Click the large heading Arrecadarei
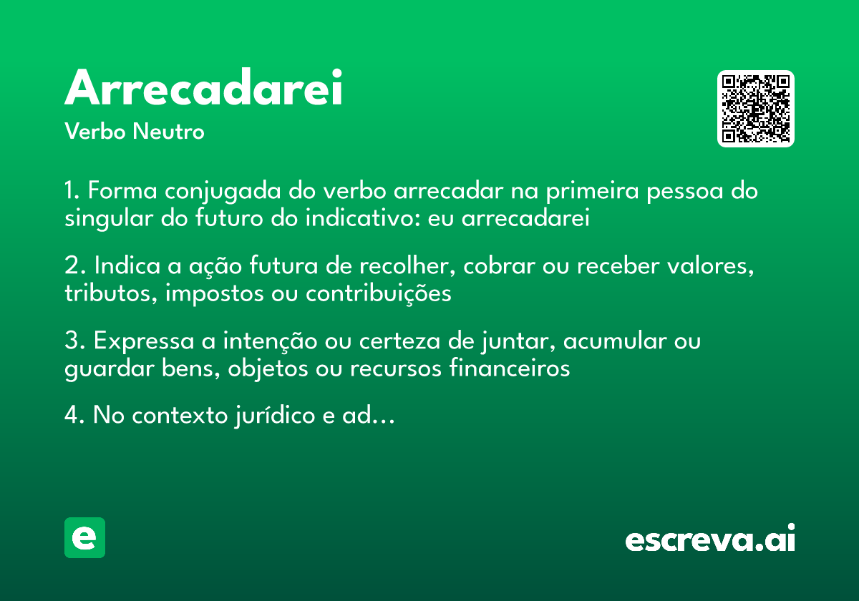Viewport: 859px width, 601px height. pos(203,89)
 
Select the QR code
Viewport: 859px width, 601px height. pos(755,109)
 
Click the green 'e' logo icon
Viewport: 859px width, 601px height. pos(84,537)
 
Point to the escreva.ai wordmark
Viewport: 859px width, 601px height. pos(709,540)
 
